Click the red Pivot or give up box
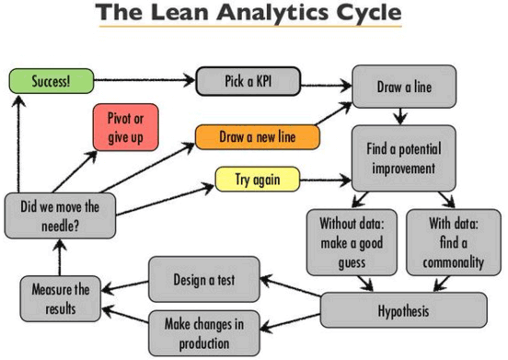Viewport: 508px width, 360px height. click(127, 126)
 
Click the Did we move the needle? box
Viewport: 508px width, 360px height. click(57, 214)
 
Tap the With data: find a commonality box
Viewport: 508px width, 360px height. click(453, 240)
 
